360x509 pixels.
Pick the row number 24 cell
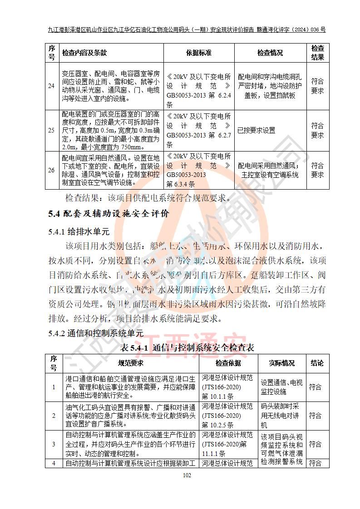pyautogui.click(x=52, y=86)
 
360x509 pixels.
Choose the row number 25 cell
pyautogui.click(x=52, y=131)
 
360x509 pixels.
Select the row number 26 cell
pyautogui.click(x=52, y=171)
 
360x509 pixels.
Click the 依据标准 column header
pyautogui.click(x=198, y=53)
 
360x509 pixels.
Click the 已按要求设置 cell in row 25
pyautogui.click(x=256, y=131)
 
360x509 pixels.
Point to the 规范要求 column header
pyautogui.click(x=131, y=363)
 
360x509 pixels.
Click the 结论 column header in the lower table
pyautogui.click(x=317, y=363)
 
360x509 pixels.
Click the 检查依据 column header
pyautogui.click(x=228, y=363)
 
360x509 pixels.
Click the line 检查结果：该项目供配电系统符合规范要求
pyautogui.click(x=148, y=198)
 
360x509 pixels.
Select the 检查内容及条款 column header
pyautogui.click(x=84, y=53)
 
